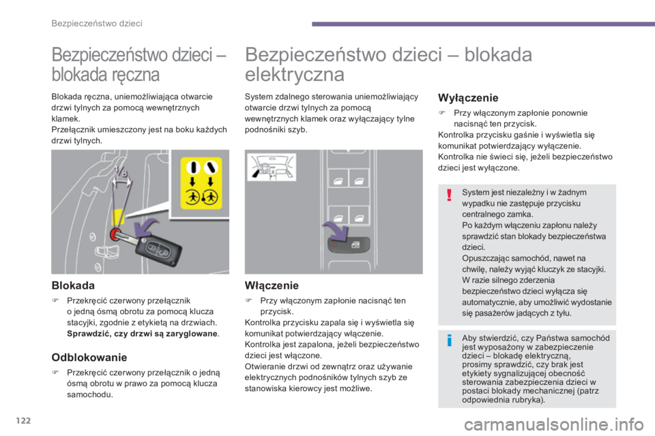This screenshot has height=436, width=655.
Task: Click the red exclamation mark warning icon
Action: point(448,197)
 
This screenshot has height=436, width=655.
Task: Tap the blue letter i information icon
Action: point(448,340)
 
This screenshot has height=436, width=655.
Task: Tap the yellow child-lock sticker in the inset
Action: point(203,185)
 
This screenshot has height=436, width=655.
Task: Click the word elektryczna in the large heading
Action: point(294,74)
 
